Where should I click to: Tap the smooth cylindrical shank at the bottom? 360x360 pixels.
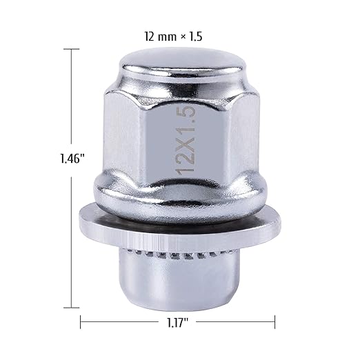(178, 283)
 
